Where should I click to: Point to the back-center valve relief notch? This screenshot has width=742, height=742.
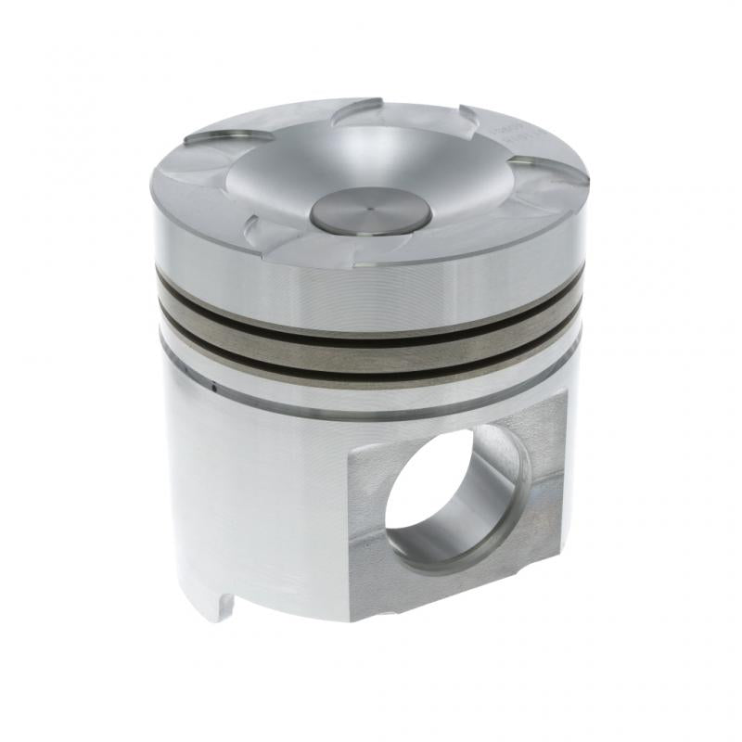pyautogui.click(x=358, y=109)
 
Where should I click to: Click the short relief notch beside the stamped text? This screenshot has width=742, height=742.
pyautogui.click(x=469, y=117)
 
